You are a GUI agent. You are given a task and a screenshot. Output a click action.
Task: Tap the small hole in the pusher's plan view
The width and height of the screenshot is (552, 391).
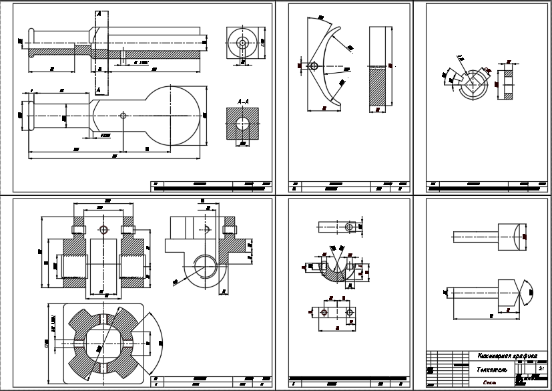click(122, 115)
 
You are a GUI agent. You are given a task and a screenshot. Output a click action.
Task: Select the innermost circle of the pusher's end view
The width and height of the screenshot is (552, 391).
click(242, 42)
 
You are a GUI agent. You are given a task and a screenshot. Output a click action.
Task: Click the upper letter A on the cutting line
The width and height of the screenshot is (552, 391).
click(99, 13)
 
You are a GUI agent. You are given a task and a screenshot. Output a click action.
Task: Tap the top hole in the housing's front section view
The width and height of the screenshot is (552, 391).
click(103, 230)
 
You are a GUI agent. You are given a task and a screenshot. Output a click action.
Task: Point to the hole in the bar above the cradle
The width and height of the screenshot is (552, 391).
click(348, 227)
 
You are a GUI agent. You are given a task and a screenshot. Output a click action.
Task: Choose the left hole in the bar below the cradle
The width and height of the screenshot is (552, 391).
click(324, 313)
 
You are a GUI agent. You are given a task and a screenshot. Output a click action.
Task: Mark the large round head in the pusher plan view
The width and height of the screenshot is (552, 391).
click(173, 115)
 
